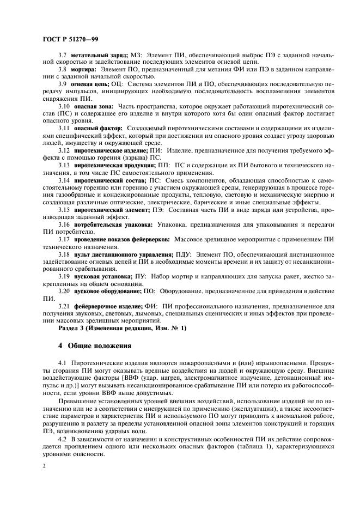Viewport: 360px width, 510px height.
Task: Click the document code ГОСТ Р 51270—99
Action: pyautogui.click(x=70, y=39)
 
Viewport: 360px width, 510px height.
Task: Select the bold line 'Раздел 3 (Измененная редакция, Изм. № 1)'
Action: pyautogui.click(x=122, y=328)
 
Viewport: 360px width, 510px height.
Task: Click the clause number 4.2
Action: pyautogui.click(x=63, y=438)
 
